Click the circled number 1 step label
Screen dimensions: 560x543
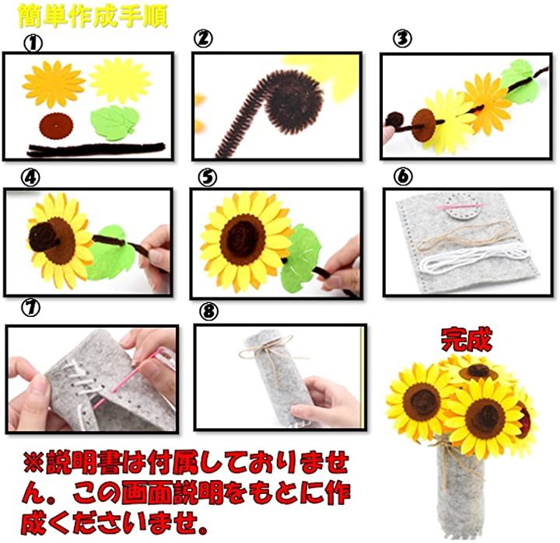coord(33,44)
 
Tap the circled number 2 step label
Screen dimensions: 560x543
coord(203,38)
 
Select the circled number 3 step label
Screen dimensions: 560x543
coord(402,38)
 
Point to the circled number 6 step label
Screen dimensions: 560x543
coord(403,176)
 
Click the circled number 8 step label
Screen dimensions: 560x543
coord(208,312)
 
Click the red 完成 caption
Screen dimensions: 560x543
coord(467,339)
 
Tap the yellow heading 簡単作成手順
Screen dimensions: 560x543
coord(93,16)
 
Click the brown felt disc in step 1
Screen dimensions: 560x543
coord(56,127)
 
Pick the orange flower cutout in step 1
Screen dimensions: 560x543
coord(54,84)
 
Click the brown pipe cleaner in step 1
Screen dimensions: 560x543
coord(96,149)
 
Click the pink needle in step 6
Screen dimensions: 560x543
coord(460,206)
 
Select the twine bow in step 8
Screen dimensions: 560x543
coord(268,350)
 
